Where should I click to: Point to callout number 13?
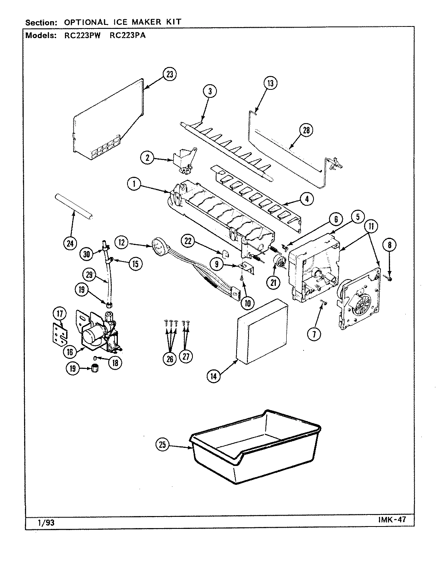point(270,83)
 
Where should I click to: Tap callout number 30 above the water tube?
point(86,253)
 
